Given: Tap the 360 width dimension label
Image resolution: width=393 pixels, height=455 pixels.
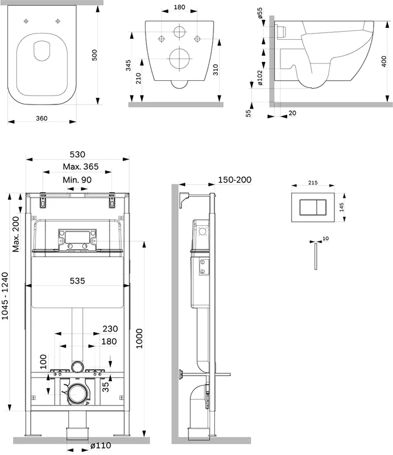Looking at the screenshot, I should pos(41,118).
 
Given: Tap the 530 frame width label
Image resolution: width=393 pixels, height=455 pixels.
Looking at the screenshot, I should pos(77,154).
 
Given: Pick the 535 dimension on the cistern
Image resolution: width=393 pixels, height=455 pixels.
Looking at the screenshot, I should pos(77,280).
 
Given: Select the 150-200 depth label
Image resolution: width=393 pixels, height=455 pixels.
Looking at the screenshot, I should pos(234,180).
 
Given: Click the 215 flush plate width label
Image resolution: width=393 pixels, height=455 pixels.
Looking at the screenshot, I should pos(312,184).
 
